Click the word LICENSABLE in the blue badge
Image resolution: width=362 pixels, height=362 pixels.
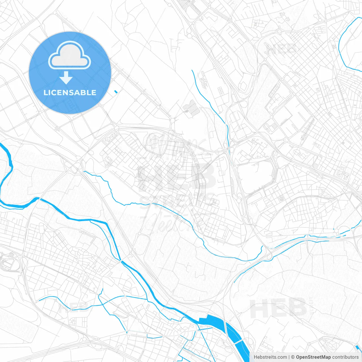(70, 92)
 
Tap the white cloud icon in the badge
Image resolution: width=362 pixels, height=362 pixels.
(70, 55)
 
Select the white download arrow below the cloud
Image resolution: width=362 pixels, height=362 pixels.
(66, 78)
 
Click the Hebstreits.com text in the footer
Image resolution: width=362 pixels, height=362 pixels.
(270, 357)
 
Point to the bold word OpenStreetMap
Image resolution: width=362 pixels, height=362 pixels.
(313, 357)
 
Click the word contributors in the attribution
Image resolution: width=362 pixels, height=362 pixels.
(345, 357)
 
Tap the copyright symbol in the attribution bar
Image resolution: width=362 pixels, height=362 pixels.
(293, 357)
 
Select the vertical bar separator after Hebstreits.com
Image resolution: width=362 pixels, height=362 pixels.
(289, 357)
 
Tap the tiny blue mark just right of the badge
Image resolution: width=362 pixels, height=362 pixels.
(115, 91)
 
